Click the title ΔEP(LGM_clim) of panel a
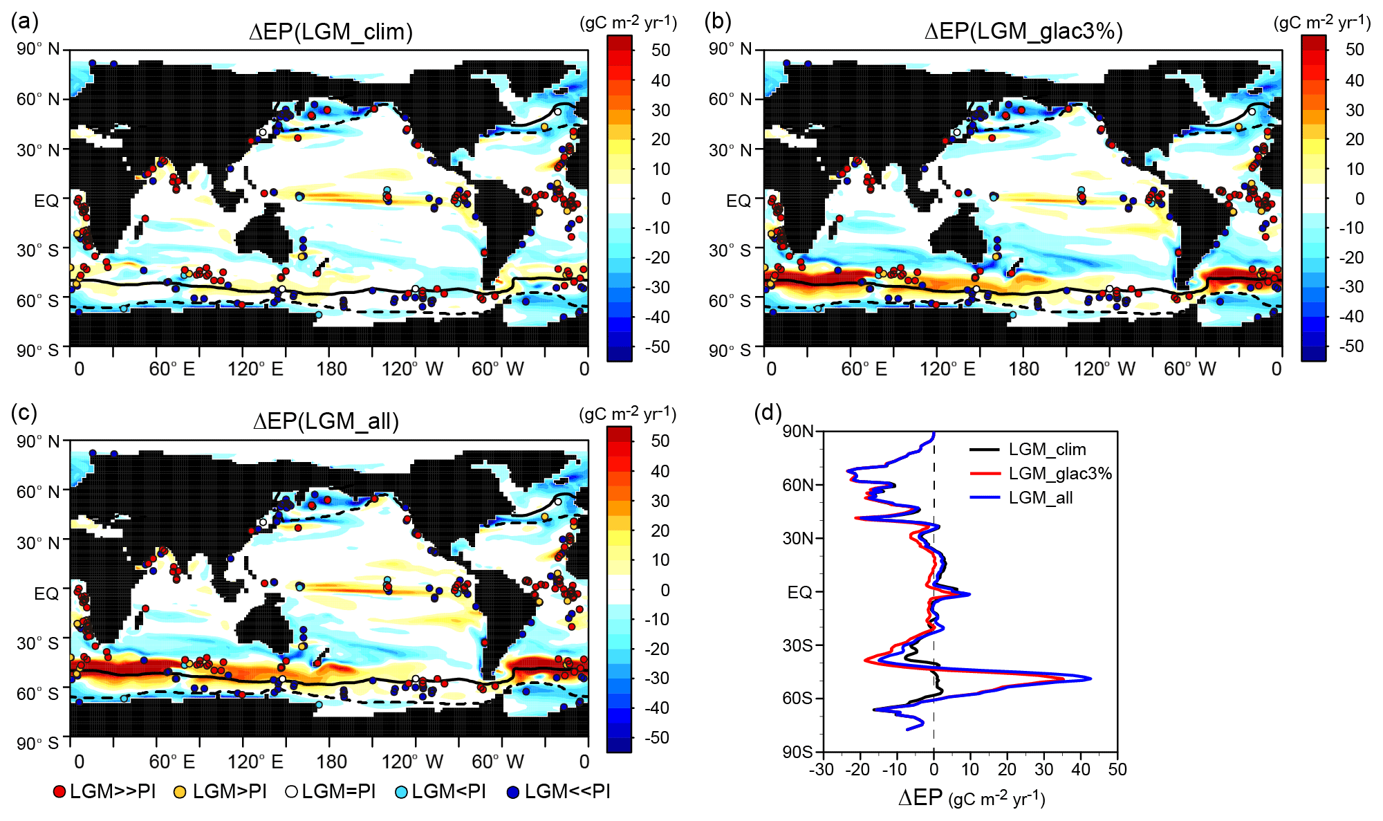point(331,32)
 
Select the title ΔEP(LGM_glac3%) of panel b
point(1023,32)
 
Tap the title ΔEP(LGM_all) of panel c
point(326,421)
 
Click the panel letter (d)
point(768,413)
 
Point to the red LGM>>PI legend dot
point(59,792)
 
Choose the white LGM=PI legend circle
point(291,792)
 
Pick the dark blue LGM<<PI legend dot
point(513,792)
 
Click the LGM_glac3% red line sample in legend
point(985,474)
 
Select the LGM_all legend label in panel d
point(1041,498)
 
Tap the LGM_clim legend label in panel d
point(1047,450)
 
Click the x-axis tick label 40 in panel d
point(1081,769)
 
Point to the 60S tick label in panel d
point(797,698)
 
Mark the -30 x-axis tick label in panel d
point(821,769)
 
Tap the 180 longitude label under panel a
point(331,369)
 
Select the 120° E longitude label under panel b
point(947,369)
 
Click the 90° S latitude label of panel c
point(39,744)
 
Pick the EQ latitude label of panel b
point(739,201)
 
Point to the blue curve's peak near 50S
point(1090,679)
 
